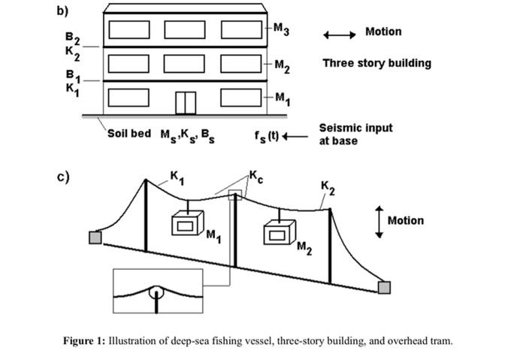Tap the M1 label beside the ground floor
[281, 98]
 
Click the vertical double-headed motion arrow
[379, 221]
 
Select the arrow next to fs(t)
[295, 136]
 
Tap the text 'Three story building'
[376, 63]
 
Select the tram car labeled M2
[279, 233]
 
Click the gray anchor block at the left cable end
[95, 237]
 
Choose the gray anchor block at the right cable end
[384, 287]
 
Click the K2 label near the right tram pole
[328, 186]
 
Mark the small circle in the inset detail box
[156, 292]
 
